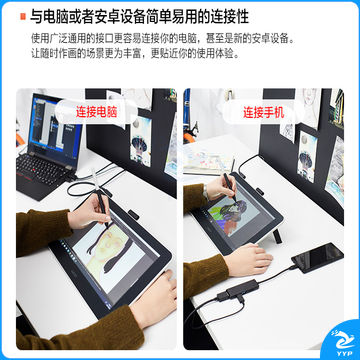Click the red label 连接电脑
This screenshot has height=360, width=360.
[96, 112]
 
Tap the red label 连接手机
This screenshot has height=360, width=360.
[263, 112]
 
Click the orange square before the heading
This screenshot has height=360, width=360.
[23, 16]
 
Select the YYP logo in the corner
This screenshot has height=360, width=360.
[343, 342]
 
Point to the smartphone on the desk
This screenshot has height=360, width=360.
[317, 257]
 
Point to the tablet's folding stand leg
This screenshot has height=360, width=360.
[277, 236]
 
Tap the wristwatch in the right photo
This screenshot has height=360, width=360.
[206, 193]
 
